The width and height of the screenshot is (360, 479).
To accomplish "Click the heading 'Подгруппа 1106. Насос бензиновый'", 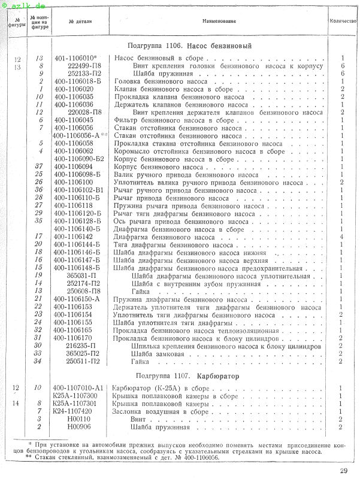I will click(x=189, y=46).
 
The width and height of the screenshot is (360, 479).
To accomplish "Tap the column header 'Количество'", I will click(x=343, y=21).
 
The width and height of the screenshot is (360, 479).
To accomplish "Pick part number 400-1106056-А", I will click(x=80, y=135).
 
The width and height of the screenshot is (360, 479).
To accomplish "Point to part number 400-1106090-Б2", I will click(x=78, y=159).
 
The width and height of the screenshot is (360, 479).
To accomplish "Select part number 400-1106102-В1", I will click(x=78, y=190).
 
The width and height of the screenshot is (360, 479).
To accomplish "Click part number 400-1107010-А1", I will click(x=78, y=388).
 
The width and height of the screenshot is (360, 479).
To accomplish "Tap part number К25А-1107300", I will click(x=74, y=396).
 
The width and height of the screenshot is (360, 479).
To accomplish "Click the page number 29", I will click(x=343, y=470).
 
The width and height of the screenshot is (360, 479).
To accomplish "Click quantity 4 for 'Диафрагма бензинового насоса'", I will click(x=340, y=237).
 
